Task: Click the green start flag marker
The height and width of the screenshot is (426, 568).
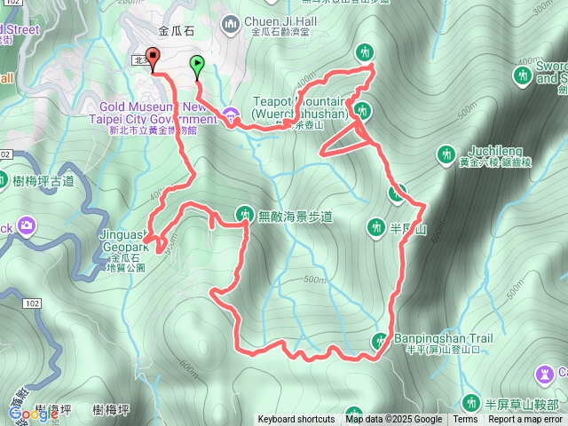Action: point(196,64)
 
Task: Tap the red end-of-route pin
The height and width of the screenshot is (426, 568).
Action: point(152,59)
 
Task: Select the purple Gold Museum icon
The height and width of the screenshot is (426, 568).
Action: point(231,114)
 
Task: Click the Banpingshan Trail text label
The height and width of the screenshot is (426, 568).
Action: point(437,338)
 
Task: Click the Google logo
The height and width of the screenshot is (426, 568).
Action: point(34,414)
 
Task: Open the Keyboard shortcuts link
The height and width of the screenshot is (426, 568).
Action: point(296,420)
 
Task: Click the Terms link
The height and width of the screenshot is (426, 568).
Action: point(465,420)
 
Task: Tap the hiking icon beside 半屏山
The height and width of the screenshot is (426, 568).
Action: point(376,228)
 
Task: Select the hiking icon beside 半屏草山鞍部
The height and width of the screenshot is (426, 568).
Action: point(470,403)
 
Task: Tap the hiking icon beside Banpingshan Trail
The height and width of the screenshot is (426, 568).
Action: point(382,340)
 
